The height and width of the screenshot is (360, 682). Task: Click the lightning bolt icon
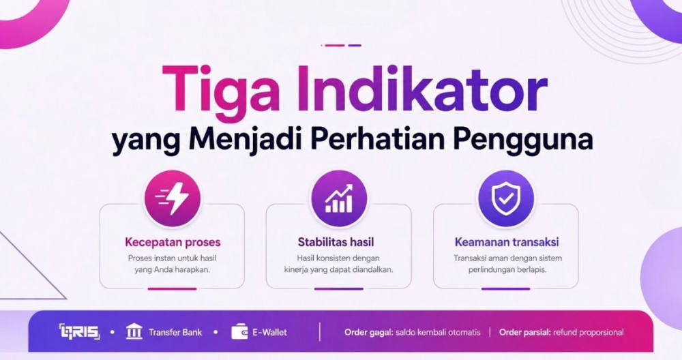click(173, 198)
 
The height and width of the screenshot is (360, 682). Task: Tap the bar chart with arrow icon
click(339, 198)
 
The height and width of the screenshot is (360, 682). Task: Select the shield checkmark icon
click(506, 198)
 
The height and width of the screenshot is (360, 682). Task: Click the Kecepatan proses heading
click(173, 242)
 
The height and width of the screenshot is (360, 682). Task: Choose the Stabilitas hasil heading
click(336, 242)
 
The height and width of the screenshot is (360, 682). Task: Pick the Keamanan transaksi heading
click(507, 242)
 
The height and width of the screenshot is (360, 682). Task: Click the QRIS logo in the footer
click(79, 332)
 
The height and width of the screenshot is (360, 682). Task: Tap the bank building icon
click(134, 332)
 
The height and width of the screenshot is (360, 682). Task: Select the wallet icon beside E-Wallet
click(239, 332)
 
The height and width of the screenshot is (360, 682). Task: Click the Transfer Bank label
click(175, 333)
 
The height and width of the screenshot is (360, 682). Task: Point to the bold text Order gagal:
click(369, 333)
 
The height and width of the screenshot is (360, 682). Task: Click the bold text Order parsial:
click(525, 333)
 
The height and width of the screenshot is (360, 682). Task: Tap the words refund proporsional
click(589, 333)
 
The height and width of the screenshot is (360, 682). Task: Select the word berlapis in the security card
click(532, 269)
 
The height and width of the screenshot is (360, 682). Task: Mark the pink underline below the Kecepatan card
click(172, 288)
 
